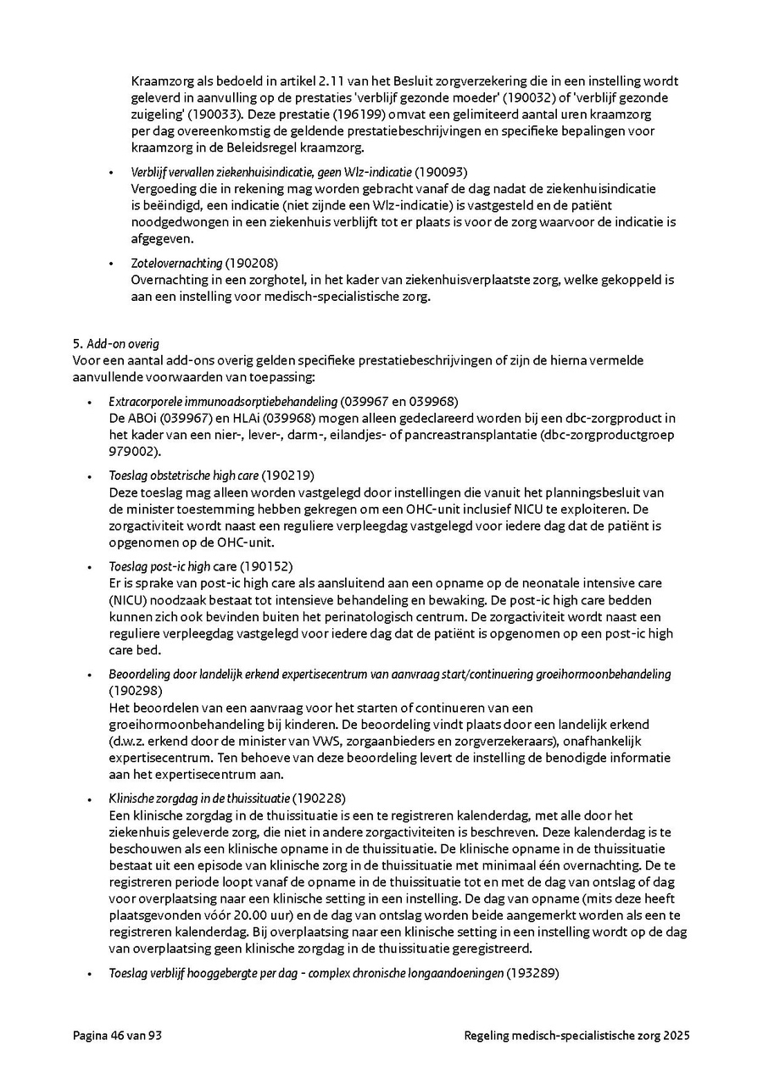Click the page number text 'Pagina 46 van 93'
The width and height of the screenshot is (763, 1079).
[x=117, y=1035]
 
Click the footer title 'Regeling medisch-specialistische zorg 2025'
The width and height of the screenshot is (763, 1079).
[x=576, y=1035]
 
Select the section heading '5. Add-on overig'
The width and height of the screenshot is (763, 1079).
[x=116, y=344]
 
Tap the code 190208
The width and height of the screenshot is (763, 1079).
[x=251, y=263]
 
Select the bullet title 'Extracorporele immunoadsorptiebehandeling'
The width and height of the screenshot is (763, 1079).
[x=223, y=401]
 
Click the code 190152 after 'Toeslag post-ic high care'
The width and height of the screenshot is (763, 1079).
[x=266, y=566]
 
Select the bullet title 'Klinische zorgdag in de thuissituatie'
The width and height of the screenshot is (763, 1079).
[x=199, y=798]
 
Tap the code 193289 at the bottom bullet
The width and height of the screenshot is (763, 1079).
[x=532, y=973]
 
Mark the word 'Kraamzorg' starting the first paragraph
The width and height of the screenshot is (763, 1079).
[x=160, y=81]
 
